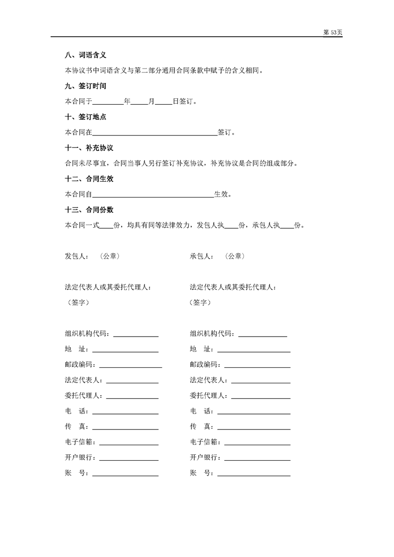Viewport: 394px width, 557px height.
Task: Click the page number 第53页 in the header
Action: click(x=332, y=32)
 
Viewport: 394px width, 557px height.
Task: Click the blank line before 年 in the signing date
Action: click(x=108, y=103)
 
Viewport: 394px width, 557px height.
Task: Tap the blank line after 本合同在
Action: click(x=155, y=134)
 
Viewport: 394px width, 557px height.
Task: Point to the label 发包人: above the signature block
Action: click(x=77, y=257)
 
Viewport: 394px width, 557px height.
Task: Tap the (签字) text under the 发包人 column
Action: click(x=77, y=302)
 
